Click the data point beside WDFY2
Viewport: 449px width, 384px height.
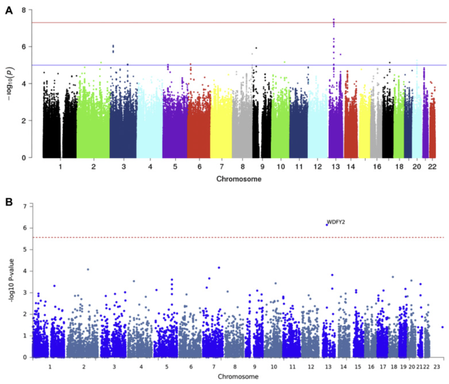327,224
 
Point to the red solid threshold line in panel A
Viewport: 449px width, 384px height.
194,22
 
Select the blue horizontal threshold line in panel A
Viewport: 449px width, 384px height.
194,65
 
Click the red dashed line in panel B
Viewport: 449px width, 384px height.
194,237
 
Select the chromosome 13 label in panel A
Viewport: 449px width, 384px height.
335,167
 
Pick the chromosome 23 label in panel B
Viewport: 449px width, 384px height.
437,367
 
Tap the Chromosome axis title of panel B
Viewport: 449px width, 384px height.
238,377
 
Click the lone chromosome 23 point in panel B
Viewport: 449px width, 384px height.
442,327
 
